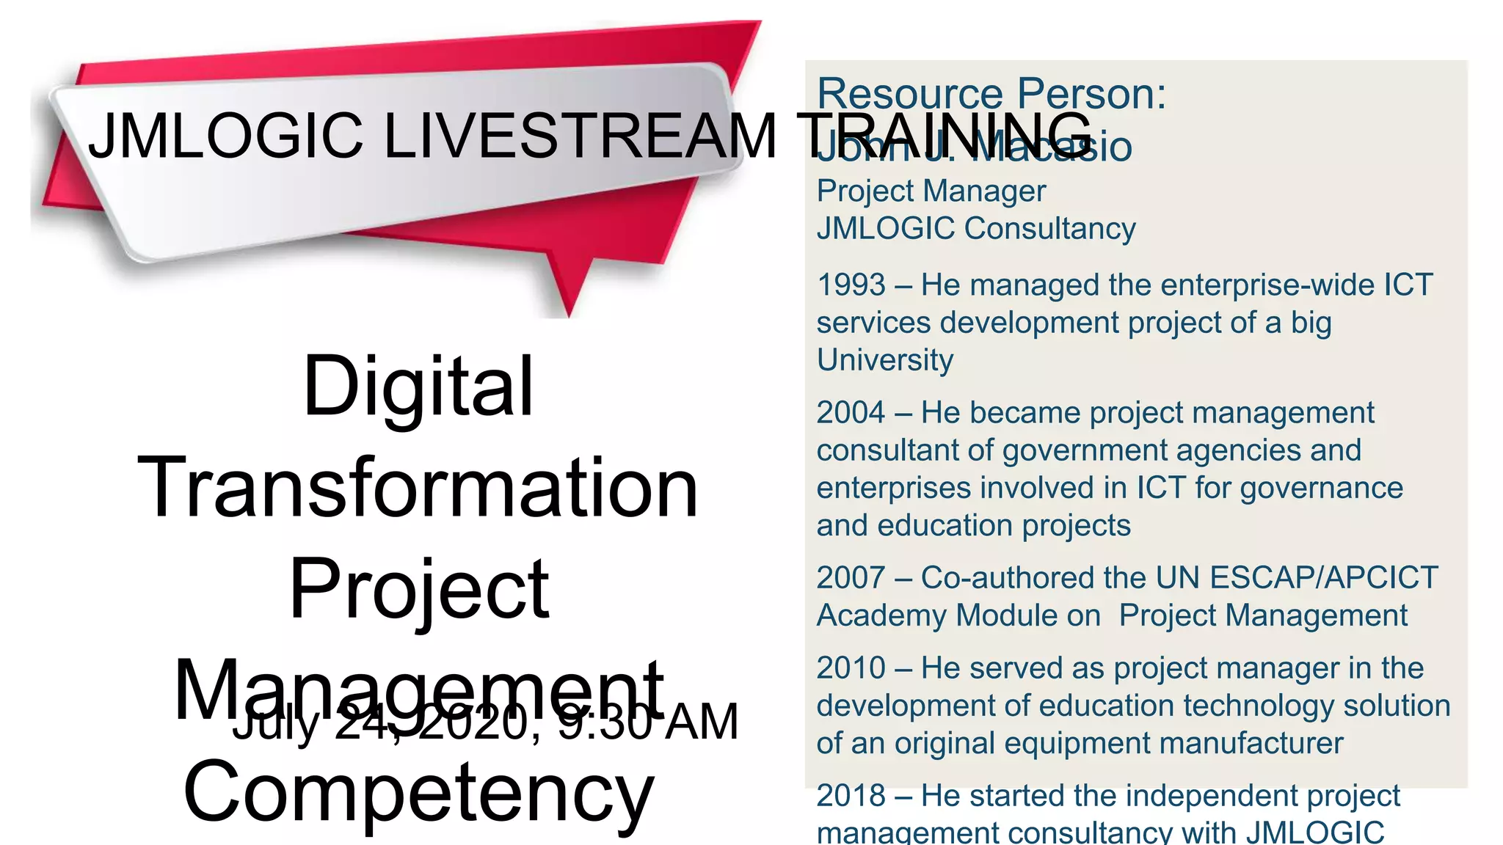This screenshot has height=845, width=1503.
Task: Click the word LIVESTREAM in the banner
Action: (x=580, y=136)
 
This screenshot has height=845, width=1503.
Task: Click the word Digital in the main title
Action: (x=418, y=386)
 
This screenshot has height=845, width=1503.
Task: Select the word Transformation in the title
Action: (x=418, y=487)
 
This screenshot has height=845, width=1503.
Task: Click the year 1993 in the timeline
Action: (x=851, y=285)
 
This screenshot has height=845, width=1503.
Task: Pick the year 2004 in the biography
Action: (x=851, y=412)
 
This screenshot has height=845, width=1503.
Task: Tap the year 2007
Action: (x=851, y=577)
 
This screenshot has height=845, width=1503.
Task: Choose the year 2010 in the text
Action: (x=851, y=668)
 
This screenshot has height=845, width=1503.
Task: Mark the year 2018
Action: (x=851, y=796)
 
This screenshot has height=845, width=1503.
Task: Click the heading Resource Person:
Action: (x=991, y=94)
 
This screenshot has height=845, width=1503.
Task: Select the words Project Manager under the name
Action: (x=931, y=191)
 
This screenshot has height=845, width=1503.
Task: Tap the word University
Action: (x=885, y=360)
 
